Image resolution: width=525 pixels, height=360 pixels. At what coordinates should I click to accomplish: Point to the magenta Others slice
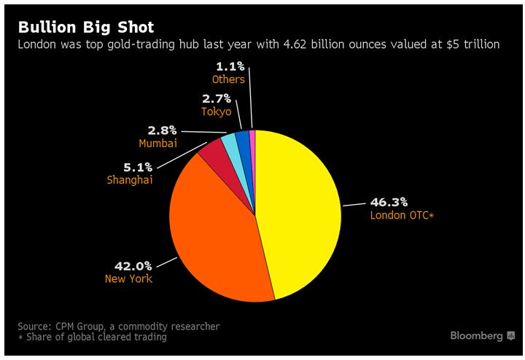pyautogui.click(x=252, y=138)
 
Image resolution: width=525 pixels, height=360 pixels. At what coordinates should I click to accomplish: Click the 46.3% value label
pyautogui.click(x=390, y=202)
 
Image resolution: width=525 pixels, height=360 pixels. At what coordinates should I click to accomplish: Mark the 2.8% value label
pyautogui.click(x=163, y=130)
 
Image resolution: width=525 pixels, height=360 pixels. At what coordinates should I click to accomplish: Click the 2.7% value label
pyautogui.click(x=217, y=98)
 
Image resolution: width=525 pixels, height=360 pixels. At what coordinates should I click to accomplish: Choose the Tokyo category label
pyautogui.click(x=216, y=111)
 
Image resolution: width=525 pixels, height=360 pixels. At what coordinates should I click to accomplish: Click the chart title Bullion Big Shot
pyautogui.click(x=86, y=28)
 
